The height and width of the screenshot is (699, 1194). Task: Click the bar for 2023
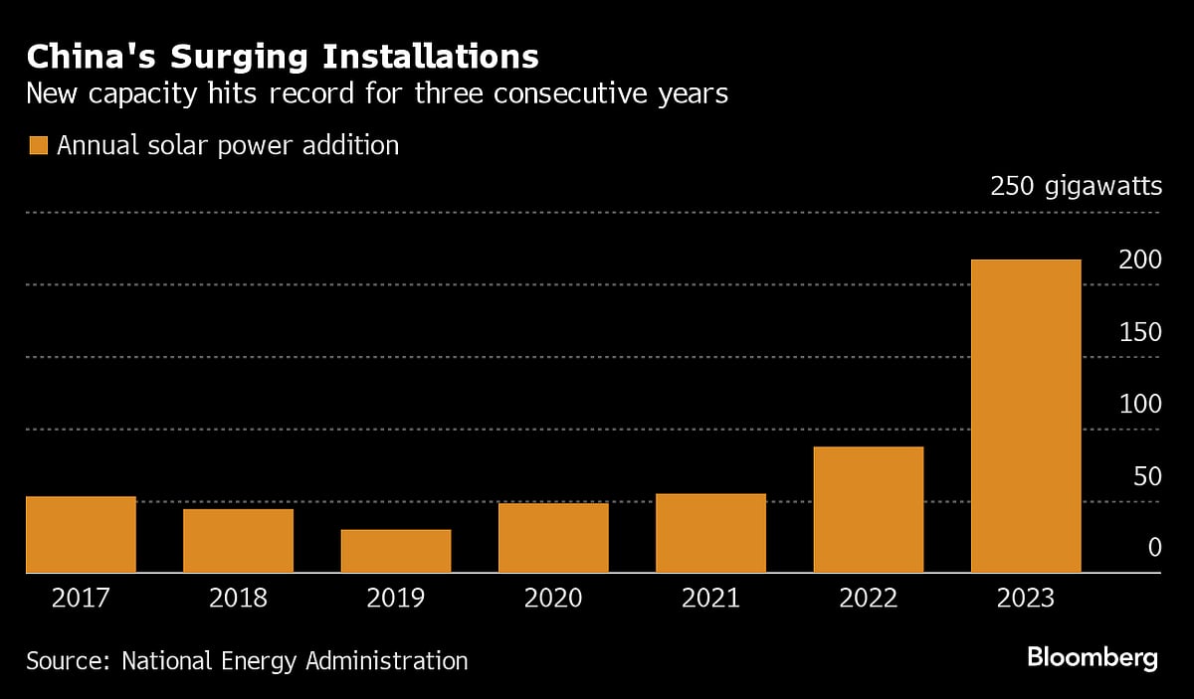coord(1026,416)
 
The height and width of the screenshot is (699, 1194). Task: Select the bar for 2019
coord(396,551)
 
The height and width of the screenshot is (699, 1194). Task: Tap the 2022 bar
coord(869,509)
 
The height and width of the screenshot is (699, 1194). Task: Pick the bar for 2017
coord(81,534)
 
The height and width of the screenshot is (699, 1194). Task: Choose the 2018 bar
coord(239,541)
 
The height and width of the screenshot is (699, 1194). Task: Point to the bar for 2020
coord(553,538)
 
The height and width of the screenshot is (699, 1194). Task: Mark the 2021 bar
coord(710,533)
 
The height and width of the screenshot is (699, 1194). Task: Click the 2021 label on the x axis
coord(710,599)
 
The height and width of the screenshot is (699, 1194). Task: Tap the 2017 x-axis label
coord(81,599)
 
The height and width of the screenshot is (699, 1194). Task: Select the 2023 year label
coord(1026,599)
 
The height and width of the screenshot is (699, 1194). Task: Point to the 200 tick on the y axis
coord(1140,261)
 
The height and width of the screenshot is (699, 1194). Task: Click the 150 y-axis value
coord(1140,333)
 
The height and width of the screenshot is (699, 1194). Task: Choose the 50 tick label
coord(1147,476)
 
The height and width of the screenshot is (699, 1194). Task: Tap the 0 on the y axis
coord(1155,548)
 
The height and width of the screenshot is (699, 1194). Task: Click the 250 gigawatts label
coord(1076,186)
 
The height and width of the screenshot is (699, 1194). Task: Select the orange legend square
coord(38,146)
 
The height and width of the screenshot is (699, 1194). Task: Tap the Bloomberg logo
coord(1093,657)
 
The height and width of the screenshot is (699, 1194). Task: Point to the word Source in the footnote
coord(67,660)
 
